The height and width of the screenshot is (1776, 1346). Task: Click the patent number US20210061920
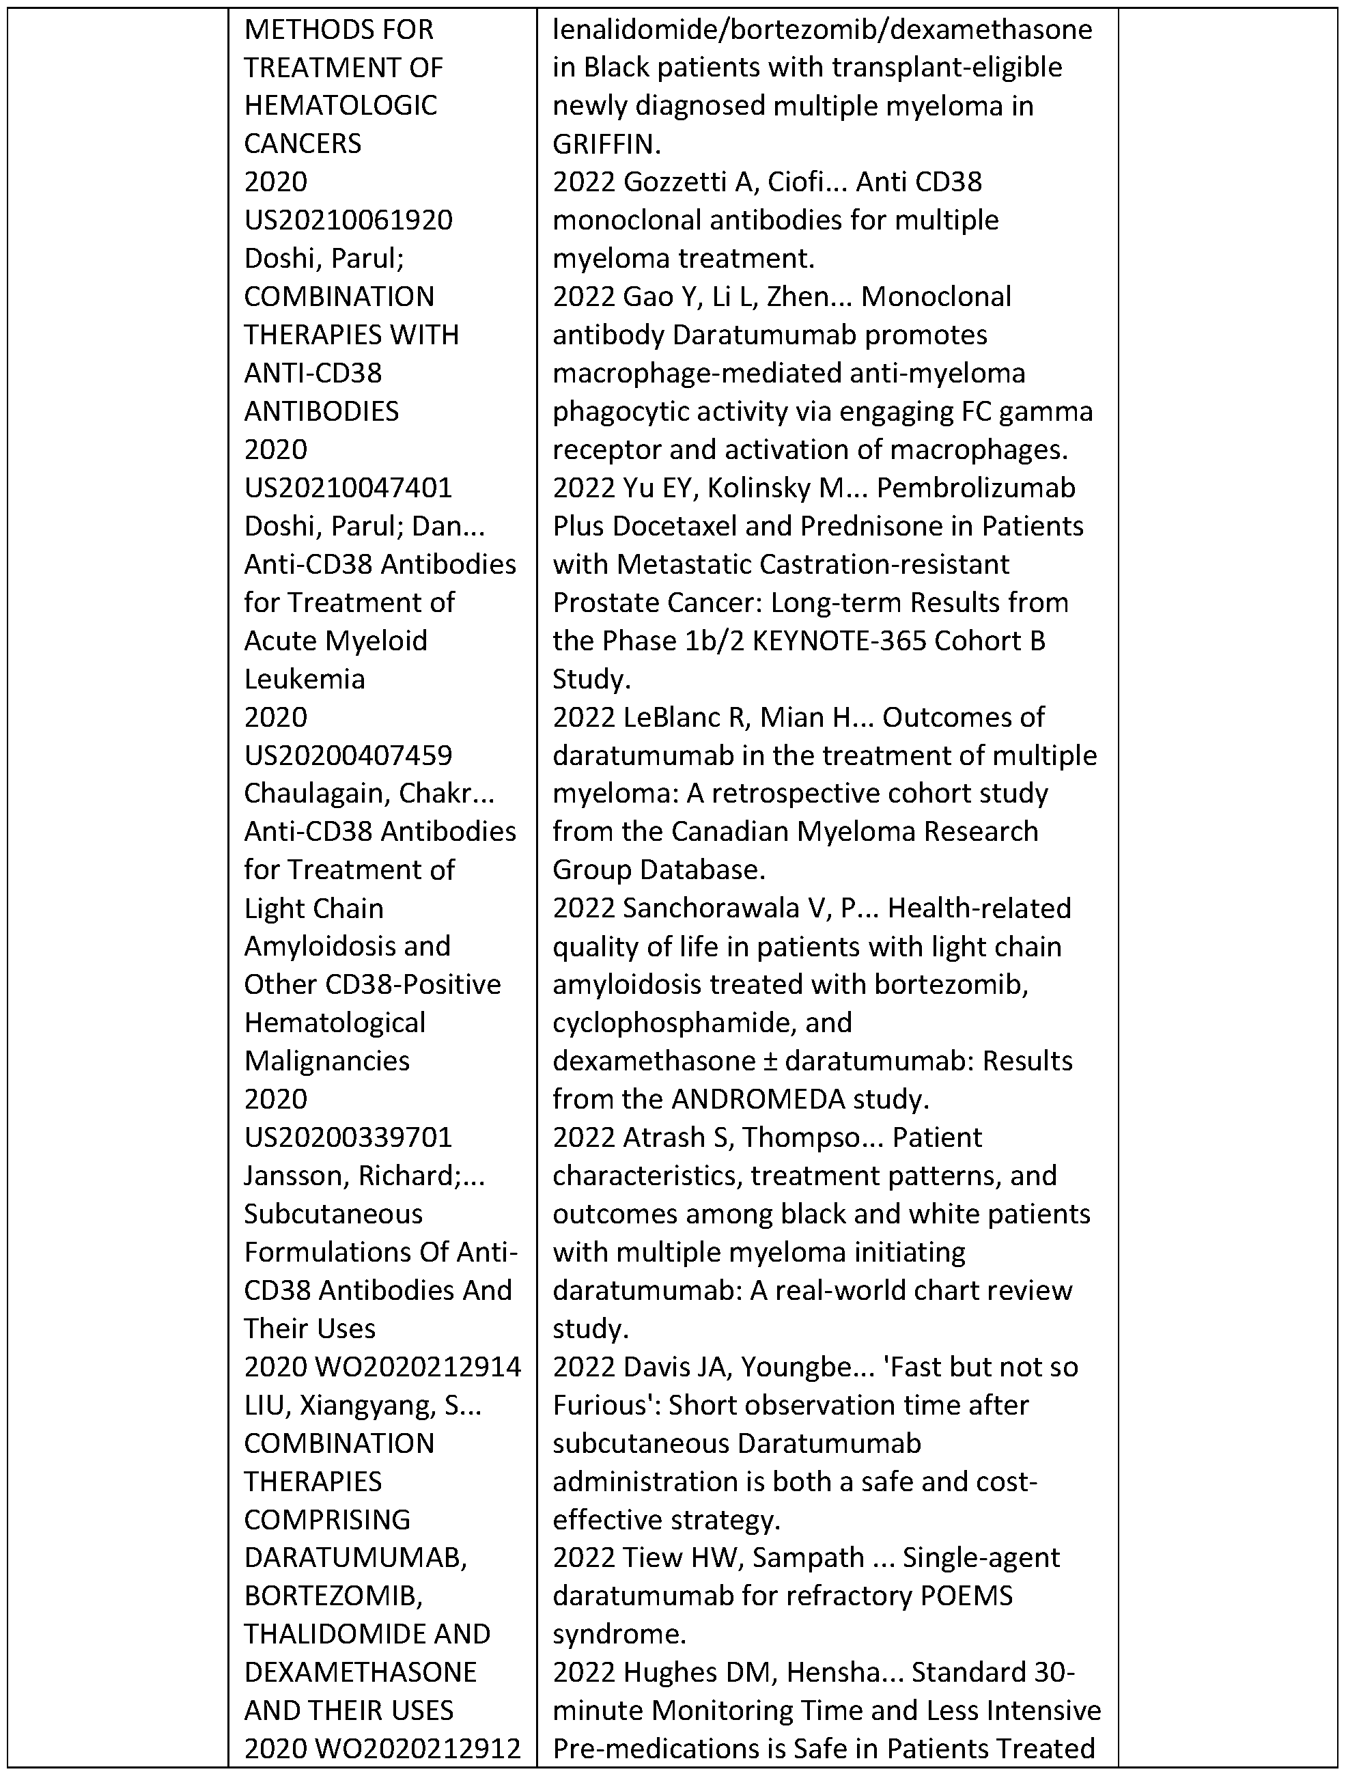(348, 220)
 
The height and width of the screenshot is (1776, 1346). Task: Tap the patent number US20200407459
(348, 755)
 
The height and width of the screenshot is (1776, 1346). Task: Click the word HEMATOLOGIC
(340, 106)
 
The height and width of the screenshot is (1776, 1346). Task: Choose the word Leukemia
(304, 679)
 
